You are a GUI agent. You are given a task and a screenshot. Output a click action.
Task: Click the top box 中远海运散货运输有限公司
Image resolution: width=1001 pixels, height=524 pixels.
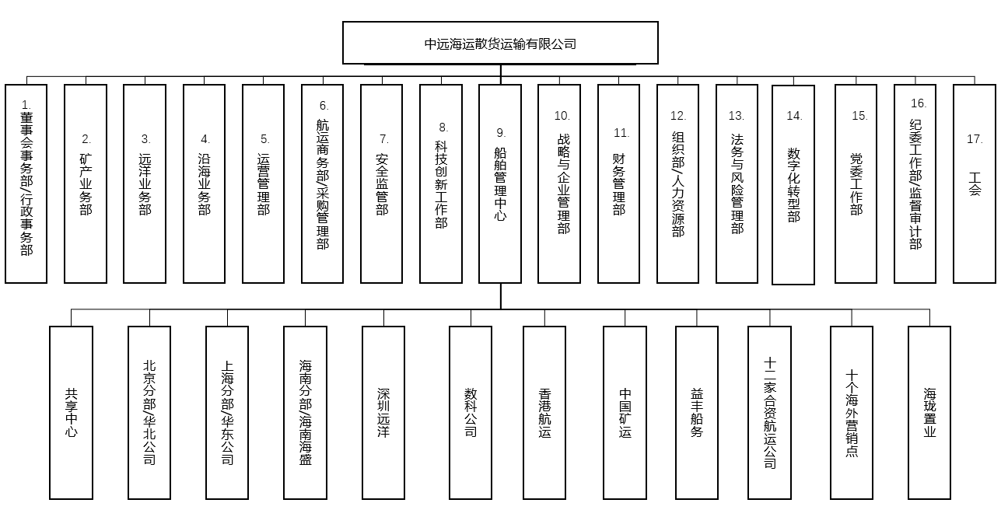500,43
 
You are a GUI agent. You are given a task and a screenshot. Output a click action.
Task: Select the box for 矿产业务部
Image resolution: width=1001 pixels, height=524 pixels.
86,183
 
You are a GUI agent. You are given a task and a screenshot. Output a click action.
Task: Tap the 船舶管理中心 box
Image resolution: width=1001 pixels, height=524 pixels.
500,183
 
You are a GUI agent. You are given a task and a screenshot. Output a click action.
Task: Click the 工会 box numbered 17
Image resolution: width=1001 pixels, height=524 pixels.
975,183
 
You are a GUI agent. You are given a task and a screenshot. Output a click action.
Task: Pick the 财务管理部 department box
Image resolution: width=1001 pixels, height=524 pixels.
618,183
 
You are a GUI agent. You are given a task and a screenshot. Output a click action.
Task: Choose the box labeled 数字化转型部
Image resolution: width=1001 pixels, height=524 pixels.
793,184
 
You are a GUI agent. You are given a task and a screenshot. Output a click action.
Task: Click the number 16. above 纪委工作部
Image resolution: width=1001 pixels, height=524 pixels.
919,103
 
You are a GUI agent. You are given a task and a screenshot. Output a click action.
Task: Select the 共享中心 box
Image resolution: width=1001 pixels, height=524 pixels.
71,412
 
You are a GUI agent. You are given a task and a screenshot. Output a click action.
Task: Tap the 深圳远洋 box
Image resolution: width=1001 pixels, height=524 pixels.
383,412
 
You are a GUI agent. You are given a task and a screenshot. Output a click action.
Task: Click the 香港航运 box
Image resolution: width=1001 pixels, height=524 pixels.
544,412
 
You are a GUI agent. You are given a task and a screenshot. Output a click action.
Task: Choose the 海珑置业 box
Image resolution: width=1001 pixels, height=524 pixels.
929,412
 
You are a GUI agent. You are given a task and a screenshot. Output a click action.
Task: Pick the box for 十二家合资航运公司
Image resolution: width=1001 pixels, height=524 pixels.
769,412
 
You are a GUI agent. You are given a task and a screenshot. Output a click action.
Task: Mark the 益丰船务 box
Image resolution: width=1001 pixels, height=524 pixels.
697,412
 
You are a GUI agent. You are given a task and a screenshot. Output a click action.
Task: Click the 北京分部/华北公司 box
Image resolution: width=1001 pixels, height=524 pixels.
149,412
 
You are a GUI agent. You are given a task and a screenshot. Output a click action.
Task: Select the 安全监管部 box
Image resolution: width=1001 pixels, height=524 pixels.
381,183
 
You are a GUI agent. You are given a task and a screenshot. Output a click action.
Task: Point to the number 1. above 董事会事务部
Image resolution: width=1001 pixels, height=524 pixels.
26,105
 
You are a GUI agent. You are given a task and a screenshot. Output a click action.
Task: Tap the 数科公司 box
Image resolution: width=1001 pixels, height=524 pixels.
471,412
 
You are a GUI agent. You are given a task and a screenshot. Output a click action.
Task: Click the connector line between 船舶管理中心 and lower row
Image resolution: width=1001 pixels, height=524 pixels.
501,296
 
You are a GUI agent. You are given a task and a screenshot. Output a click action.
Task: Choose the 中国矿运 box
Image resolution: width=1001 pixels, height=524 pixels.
625,412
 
